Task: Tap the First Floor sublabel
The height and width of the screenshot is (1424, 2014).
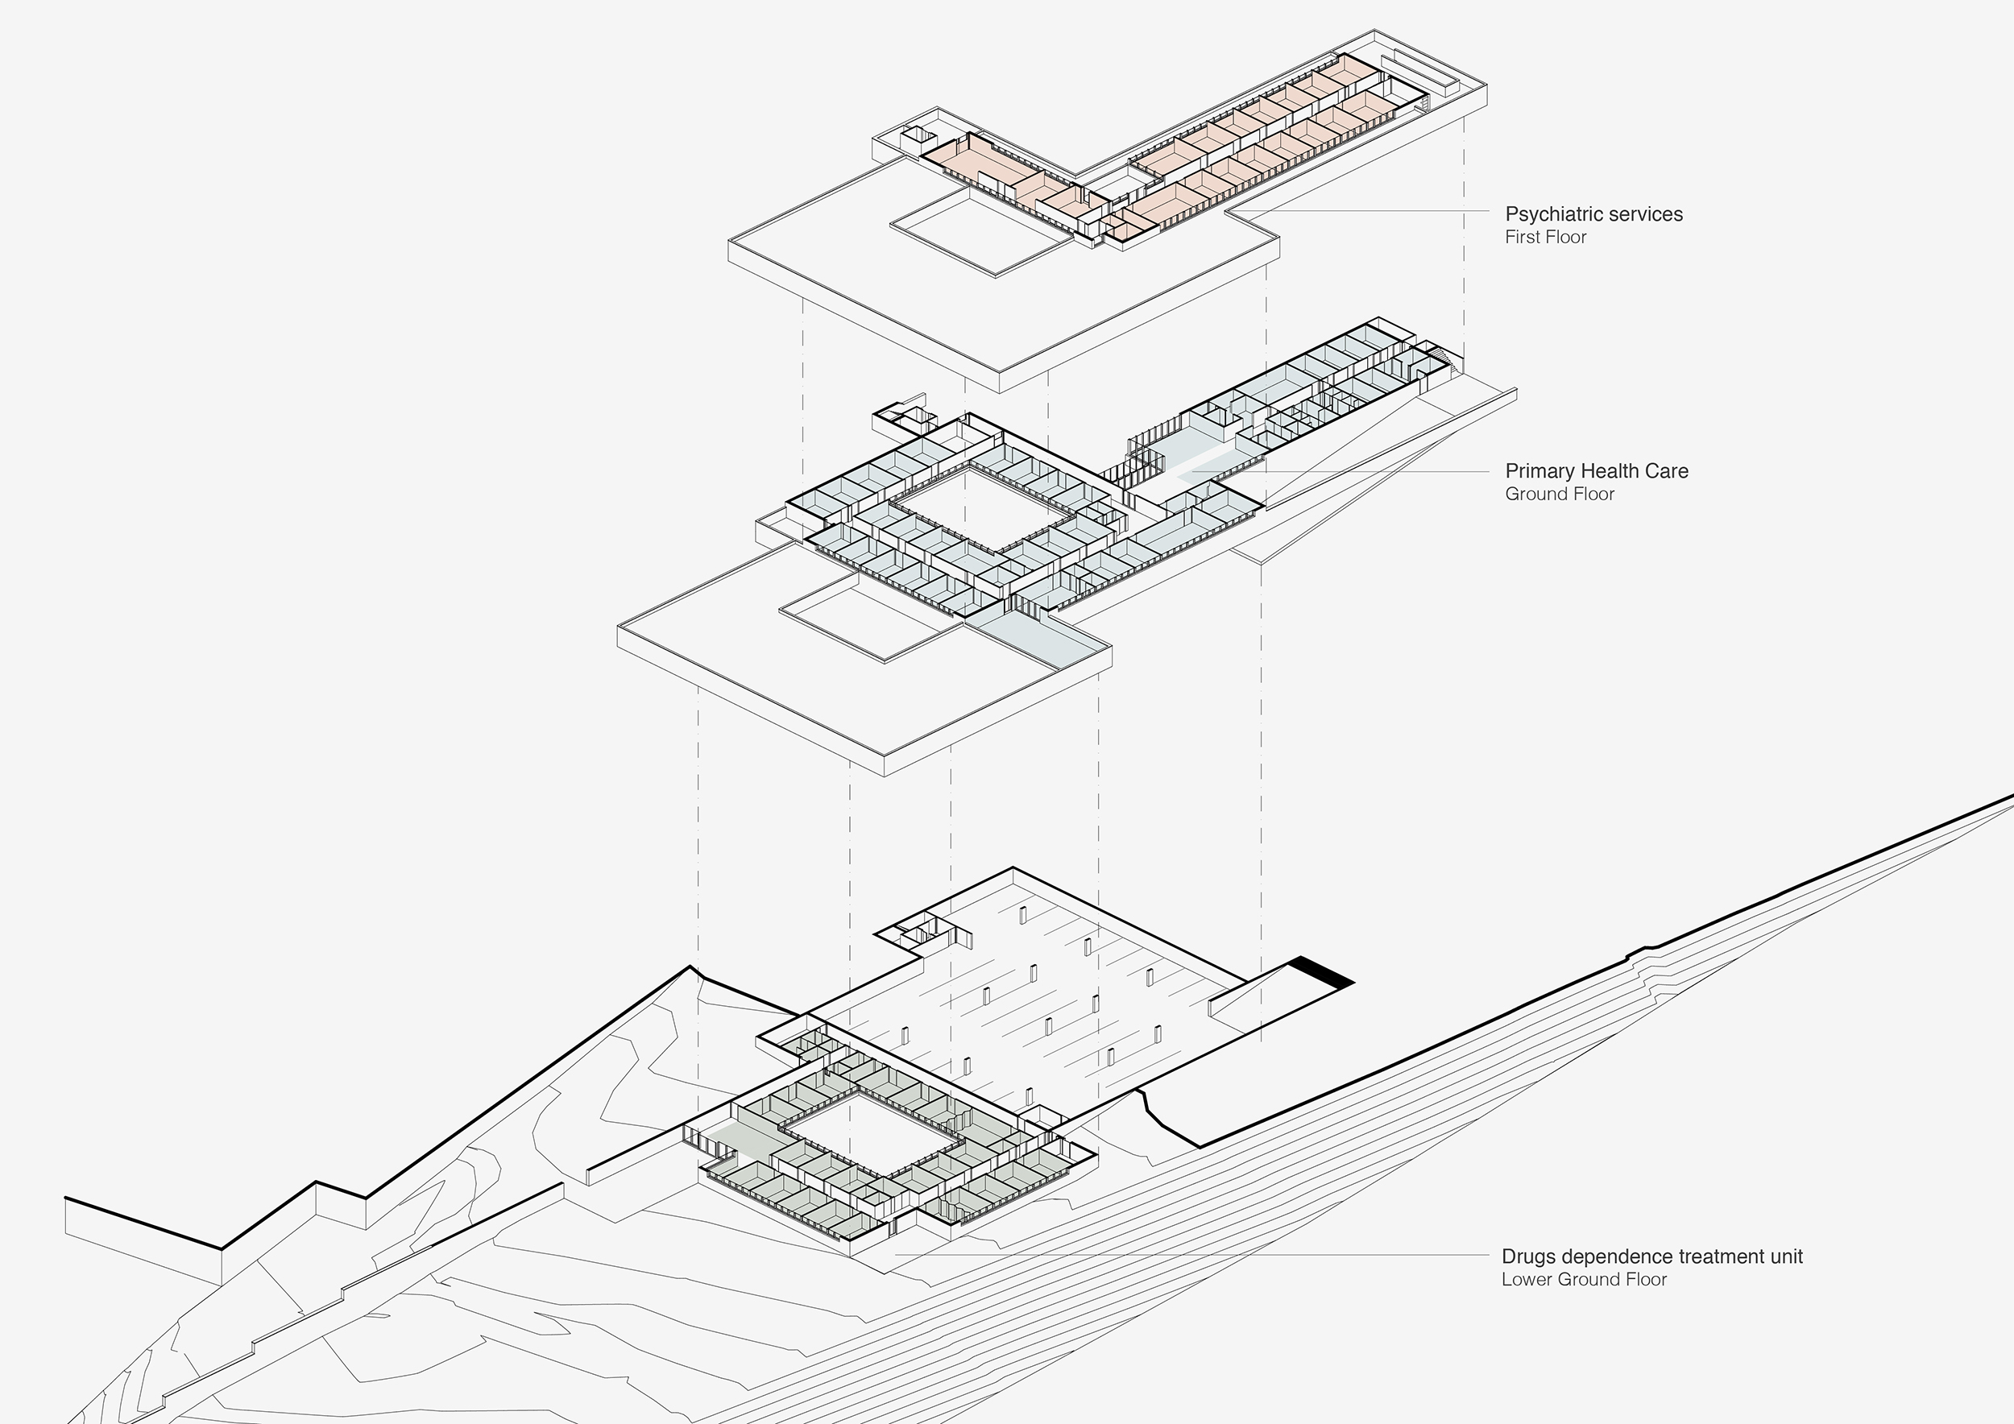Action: (1546, 238)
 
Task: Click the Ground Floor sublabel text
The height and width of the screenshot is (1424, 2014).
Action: (1560, 495)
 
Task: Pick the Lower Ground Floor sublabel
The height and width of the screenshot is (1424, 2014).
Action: (1583, 1279)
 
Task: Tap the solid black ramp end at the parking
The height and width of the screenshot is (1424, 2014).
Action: (1322, 971)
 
